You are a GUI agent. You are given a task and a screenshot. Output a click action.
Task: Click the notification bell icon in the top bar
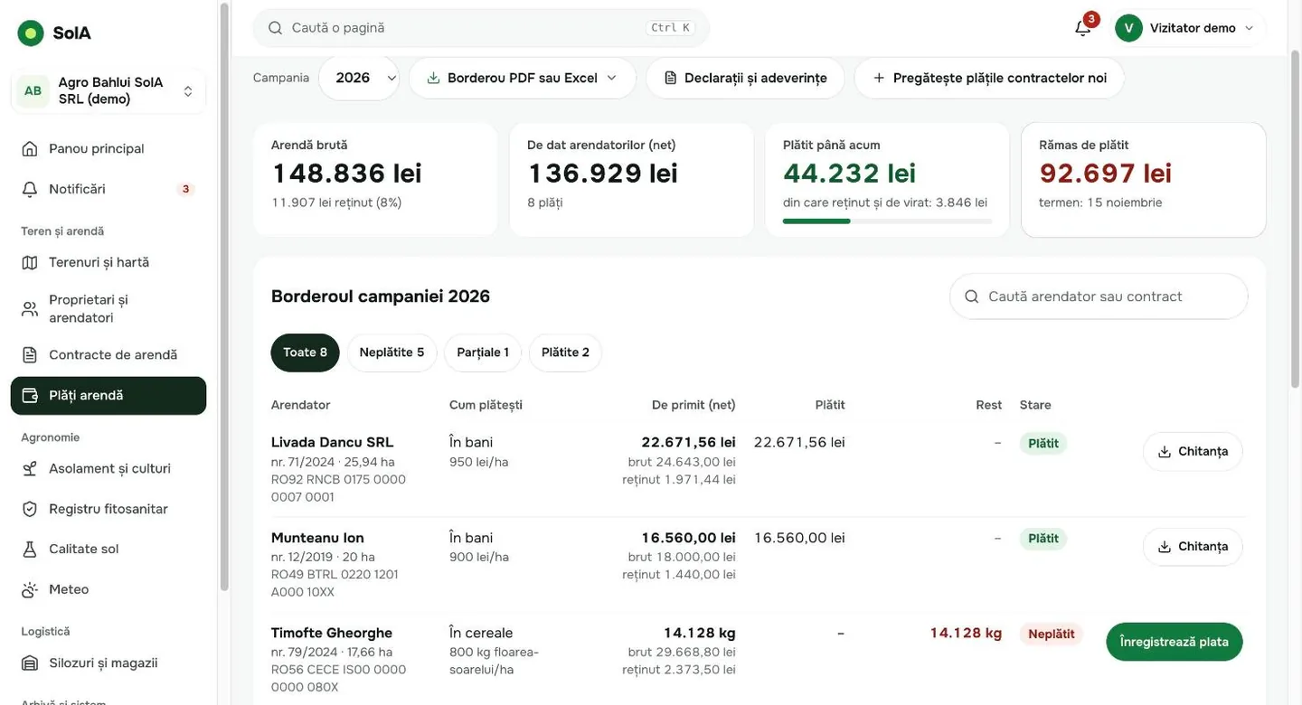pyautogui.click(x=1082, y=28)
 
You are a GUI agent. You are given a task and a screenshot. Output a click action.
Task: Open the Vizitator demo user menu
pyautogui.click(x=1189, y=28)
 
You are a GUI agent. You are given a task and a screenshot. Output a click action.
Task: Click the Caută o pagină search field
pyautogui.click(x=481, y=28)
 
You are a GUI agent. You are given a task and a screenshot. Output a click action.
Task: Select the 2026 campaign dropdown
pyautogui.click(x=359, y=78)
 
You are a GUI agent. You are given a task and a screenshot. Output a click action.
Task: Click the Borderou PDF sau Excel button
pyautogui.click(x=522, y=78)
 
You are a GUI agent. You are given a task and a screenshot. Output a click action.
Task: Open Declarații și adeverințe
pyautogui.click(x=745, y=78)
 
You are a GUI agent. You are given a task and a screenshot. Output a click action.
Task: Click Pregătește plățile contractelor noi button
pyautogui.click(x=989, y=78)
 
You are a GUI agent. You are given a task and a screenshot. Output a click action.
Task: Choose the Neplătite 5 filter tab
pyautogui.click(x=392, y=352)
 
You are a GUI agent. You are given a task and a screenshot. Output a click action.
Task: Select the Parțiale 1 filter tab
pyautogui.click(x=483, y=352)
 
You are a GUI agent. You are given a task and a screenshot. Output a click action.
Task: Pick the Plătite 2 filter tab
pyautogui.click(x=565, y=352)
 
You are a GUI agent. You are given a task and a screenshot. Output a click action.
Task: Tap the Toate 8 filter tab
pyautogui.click(x=306, y=352)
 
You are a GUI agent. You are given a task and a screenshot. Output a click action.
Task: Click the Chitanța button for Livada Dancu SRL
pyautogui.click(x=1193, y=452)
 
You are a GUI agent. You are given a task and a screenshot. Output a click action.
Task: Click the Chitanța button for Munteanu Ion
pyautogui.click(x=1193, y=547)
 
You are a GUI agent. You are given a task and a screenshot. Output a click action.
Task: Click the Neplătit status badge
pyautogui.click(x=1051, y=634)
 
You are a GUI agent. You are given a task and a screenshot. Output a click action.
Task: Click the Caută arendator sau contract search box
pyautogui.click(x=1099, y=296)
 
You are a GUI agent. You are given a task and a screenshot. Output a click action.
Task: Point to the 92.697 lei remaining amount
pyautogui.click(x=1105, y=174)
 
